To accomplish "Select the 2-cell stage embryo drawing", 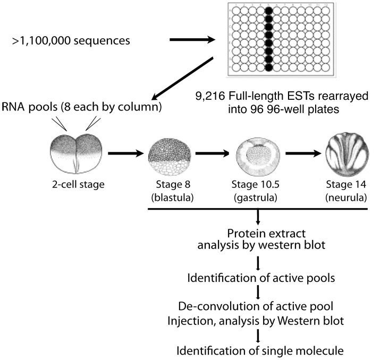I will [77, 154].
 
